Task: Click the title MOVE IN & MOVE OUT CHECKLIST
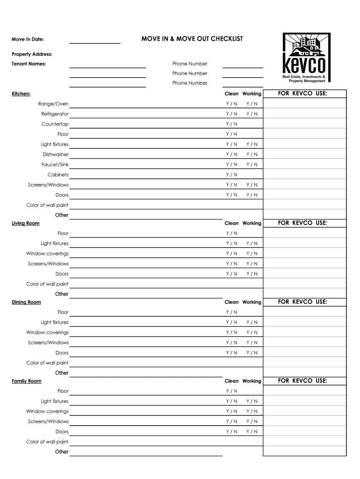pyautogui.click(x=192, y=39)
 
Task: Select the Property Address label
pyautogui.click(x=32, y=54)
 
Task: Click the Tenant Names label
pyautogui.click(x=29, y=64)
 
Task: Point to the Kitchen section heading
pyautogui.click(x=21, y=94)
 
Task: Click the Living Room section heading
pyautogui.click(x=26, y=223)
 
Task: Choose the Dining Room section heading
pyautogui.click(x=26, y=302)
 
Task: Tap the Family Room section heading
pyautogui.click(x=27, y=381)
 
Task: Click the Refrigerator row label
pyautogui.click(x=55, y=114)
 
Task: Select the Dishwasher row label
pyautogui.click(x=56, y=154)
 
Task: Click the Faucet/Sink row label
pyautogui.click(x=55, y=165)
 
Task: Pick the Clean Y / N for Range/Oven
pyautogui.click(x=231, y=104)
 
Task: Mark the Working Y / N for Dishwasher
pyautogui.click(x=252, y=154)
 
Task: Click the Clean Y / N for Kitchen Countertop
pyautogui.click(x=231, y=124)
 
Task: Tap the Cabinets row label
pyautogui.click(x=58, y=174)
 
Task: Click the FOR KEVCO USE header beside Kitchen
pyautogui.click(x=302, y=94)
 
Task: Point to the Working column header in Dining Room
pyautogui.click(x=252, y=302)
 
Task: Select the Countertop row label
pyautogui.click(x=55, y=124)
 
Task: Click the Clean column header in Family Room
pyautogui.click(x=231, y=381)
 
